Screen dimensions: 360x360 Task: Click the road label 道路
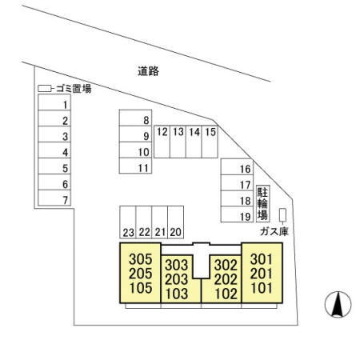(148, 71)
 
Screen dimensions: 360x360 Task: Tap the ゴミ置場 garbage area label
(74, 89)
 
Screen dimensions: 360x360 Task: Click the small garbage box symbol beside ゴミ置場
(44, 89)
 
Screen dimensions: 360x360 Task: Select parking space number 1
(54, 102)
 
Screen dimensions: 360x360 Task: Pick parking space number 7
(54, 198)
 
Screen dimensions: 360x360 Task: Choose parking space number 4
(54, 150)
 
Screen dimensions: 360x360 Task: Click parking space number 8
(135, 118)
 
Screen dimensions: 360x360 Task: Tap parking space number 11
(135, 166)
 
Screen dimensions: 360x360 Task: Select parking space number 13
(178, 142)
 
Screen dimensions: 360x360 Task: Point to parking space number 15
(210, 142)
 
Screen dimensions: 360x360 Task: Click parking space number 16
(237, 166)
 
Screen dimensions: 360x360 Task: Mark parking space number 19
(237, 214)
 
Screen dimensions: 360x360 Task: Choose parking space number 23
(128, 222)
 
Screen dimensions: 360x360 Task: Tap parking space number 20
(175, 222)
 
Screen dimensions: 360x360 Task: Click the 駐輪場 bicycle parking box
(263, 204)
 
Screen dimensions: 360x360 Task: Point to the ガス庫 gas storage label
(274, 231)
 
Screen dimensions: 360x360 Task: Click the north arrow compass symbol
(338, 304)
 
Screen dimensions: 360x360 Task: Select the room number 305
(141, 259)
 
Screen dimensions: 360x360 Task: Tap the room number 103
(177, 294)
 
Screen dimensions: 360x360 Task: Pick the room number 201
(262, 274)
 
